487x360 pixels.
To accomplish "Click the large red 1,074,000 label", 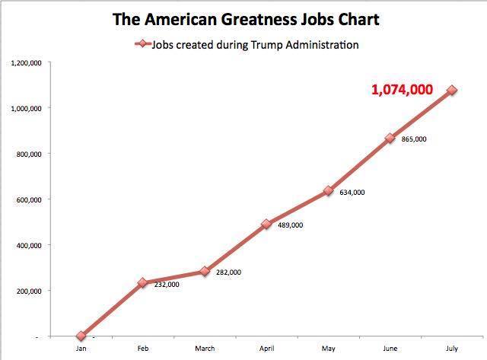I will (x=402, y=90).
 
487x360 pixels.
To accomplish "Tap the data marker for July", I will (x=452, y=90).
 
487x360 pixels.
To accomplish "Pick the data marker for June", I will (x=390, y=139).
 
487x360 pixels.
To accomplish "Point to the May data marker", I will (x=328, y=191).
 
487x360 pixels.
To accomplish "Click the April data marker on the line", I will (x=266, y=224).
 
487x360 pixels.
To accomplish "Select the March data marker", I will (x=205, y=271).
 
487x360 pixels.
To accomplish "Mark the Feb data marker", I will (x=142, y=282).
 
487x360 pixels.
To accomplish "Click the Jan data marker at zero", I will (x=81, y=336).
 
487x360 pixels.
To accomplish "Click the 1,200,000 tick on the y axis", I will (x=27, y=62).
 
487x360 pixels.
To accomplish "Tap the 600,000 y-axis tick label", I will (x=31, y=199).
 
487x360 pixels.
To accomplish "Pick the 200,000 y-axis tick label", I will (x=31, y=291).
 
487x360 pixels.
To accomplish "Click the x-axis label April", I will (x=266, y=349).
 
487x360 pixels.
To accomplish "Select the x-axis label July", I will (x=452, y=349).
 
